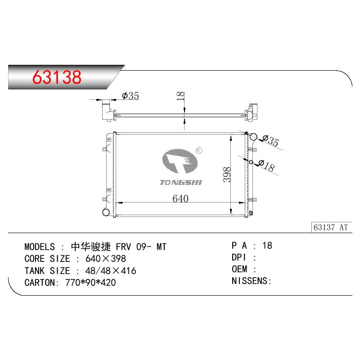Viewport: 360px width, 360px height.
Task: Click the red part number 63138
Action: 57,77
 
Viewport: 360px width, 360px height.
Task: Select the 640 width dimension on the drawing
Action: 180,198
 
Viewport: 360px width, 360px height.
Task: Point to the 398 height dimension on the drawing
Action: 227,175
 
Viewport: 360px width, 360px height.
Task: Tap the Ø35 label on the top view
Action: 130,96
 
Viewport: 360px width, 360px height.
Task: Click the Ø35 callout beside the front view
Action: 271,140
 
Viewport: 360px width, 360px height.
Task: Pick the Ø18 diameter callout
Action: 267,166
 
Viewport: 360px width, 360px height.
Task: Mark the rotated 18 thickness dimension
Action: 181,96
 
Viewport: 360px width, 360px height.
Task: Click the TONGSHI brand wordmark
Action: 181,183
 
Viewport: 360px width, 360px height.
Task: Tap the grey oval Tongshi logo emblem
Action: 180,161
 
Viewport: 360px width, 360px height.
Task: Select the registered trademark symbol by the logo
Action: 199,150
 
